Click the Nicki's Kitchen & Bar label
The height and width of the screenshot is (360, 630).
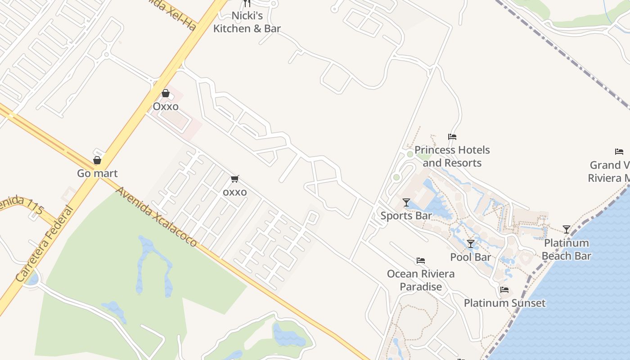247,22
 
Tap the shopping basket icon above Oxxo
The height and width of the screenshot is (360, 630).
166,93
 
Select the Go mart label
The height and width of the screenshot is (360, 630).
97,173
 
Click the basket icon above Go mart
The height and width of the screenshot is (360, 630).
97,160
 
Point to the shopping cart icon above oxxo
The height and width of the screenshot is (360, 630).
234,179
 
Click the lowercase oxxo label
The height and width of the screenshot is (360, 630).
235,192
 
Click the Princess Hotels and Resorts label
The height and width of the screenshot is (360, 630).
452,156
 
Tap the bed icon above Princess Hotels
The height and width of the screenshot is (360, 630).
452,137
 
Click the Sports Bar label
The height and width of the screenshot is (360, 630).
406,216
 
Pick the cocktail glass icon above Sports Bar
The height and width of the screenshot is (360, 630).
406,202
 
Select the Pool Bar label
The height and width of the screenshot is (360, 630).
471,257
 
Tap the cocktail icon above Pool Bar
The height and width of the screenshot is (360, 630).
471,244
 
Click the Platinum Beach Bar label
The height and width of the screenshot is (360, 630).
566,249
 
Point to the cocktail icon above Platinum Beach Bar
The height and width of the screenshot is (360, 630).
567,229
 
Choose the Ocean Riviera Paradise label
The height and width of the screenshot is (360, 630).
421,280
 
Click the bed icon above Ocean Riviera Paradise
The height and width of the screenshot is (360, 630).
421,261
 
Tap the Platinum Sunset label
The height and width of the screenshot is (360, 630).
504,303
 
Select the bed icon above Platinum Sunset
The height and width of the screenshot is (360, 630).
504,290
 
